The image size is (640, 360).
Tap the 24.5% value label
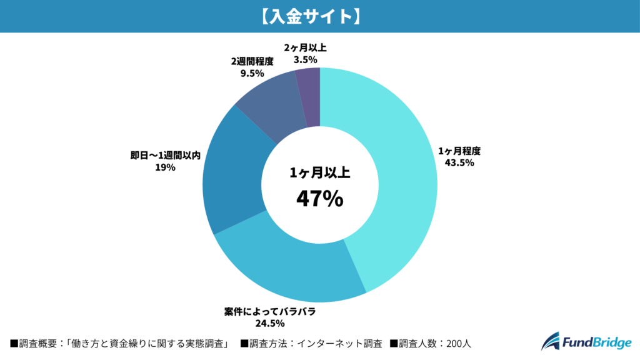[270, 323]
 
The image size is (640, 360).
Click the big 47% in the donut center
[319, 199]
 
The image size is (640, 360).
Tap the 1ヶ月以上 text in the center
[319, 174]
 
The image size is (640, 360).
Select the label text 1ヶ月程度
[459, 151]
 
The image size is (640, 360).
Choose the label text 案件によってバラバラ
[270, 311]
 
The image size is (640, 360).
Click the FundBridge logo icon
[551, 341]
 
